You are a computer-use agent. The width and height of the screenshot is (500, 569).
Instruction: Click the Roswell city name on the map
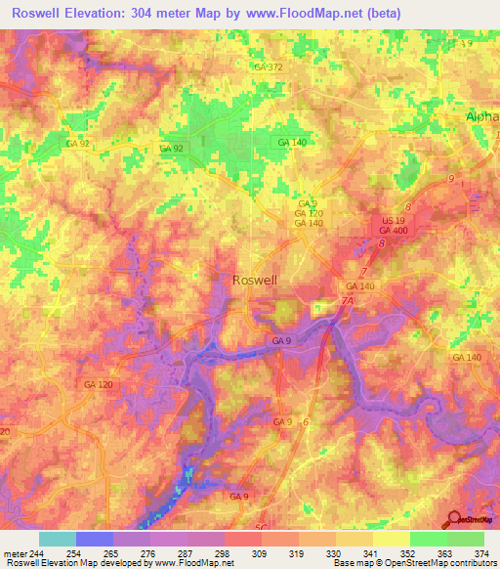(x=255, y=280)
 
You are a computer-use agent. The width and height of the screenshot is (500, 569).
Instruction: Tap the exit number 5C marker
(x=261, y=527)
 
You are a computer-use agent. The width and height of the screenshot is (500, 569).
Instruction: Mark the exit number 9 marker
(x=451, y=179)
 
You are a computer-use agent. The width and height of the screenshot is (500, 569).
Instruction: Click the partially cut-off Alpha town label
(x=481, y=114)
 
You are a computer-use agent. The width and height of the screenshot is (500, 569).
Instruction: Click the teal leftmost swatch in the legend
(x=57, y=539)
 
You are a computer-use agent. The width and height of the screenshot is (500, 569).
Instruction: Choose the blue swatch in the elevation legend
(x=94, y=539)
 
